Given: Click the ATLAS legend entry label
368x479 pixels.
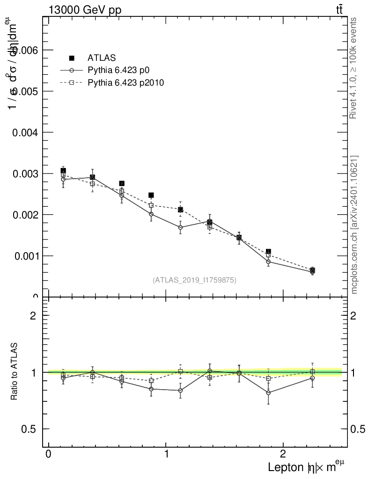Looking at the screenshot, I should point(102,58).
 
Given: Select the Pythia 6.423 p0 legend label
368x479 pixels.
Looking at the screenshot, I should point(121,71).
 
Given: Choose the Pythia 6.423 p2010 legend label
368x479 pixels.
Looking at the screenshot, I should point(125,83).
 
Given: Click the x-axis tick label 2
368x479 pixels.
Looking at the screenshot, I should point(283,454).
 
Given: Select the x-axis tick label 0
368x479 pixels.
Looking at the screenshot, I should point(49,454).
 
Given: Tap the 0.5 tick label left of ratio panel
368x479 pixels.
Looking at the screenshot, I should point(29,429).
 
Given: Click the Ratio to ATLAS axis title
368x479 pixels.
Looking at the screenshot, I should point(15,371).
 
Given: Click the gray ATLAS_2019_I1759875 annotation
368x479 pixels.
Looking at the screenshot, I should point(194,280).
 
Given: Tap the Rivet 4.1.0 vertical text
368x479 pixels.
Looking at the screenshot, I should point(354,68).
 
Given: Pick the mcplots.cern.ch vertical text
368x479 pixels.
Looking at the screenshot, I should point(354,225).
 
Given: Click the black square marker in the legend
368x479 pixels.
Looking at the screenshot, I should point(72,58).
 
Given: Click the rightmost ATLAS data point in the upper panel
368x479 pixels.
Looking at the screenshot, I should point(312,270).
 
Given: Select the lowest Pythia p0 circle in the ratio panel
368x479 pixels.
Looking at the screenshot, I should point(268,392).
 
